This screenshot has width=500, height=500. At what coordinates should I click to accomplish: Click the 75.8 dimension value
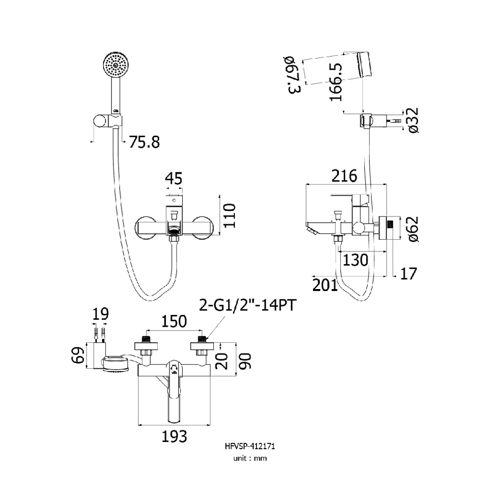pos(144,142)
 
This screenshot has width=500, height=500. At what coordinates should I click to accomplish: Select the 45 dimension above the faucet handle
pos(174,179)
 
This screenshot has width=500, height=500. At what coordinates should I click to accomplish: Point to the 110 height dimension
pos(229,215)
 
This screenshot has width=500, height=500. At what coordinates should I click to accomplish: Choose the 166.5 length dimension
pos(335,83)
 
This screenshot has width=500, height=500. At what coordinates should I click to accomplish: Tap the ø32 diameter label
pos(413,120)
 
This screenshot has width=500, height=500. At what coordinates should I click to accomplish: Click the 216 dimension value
pos(344,176)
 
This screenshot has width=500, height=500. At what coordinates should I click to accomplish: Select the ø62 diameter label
pos(413,229)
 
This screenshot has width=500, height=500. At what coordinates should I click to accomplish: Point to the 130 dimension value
pos(355,260)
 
